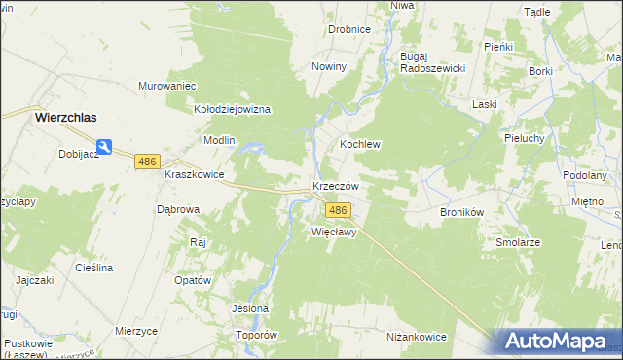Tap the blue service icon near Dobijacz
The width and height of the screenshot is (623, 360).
point(104,147)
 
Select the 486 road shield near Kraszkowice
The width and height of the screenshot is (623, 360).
point(147,162)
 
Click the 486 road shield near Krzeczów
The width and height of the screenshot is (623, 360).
point(338,210)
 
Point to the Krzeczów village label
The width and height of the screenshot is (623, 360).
point(336,186)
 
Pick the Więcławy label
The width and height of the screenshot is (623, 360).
point(334,233)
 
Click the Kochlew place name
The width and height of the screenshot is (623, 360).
point(359,144)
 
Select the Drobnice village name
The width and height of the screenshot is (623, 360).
point(348,30)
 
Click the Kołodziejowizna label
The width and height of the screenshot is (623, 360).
point(232,110)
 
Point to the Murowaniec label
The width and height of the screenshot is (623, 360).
point(168,86)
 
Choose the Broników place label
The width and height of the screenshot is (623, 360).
point(462,211)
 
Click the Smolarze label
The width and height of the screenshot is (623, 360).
point(518,242)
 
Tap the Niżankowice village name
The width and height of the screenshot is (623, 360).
point(416,337)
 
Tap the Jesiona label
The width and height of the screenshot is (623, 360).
point(250,309)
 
